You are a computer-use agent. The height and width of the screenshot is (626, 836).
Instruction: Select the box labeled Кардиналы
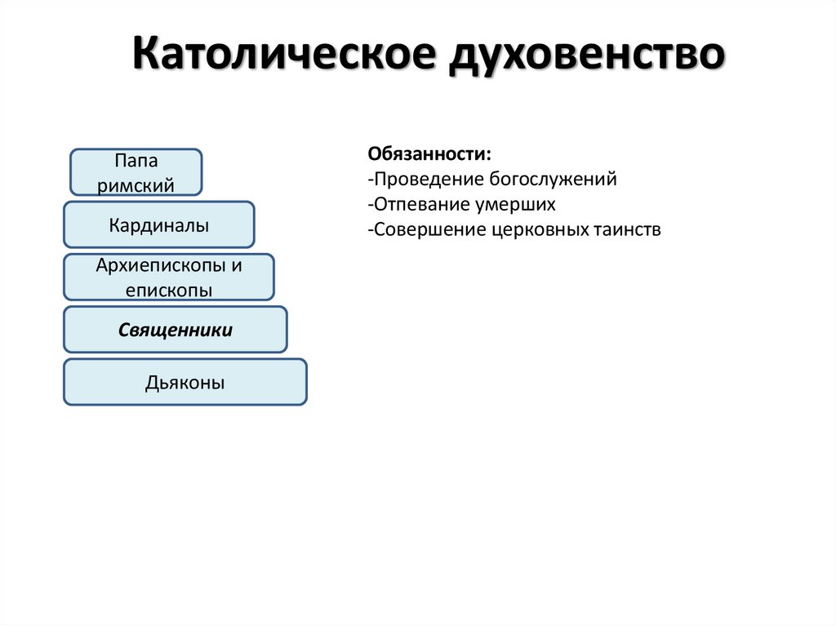(159, 225)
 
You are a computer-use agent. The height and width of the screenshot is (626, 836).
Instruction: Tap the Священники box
(176, 330)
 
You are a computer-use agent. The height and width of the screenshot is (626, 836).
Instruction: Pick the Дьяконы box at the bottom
(185, 382)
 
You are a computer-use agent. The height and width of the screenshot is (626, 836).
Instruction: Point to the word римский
(136, 185)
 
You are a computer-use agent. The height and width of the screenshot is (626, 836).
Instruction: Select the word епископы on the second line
(169, 290)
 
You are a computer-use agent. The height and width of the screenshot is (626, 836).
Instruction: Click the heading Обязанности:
(429, 154)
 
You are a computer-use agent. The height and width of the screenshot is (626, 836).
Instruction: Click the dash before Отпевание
(371, 205)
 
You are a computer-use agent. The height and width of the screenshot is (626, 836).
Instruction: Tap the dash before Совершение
(371, 230)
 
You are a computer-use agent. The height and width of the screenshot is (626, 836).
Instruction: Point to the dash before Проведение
(371, 180)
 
